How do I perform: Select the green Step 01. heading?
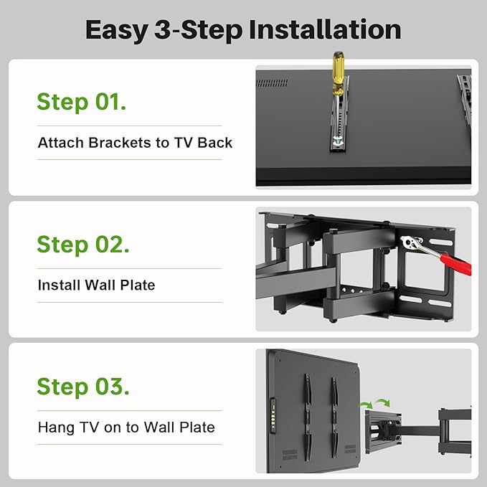coord(82,102)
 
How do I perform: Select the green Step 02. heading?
coord(83,245)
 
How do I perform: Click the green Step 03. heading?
coord(83,387)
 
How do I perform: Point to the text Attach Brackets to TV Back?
coord(135,143)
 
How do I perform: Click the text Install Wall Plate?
coord(96,285)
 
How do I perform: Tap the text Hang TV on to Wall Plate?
coord(126,427)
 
